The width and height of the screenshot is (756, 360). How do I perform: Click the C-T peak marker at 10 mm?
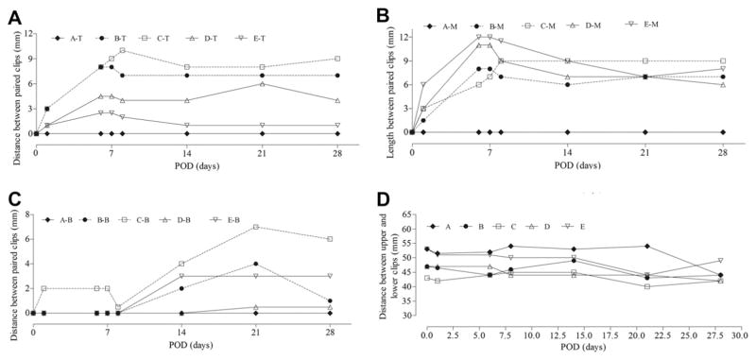[123, 50]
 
